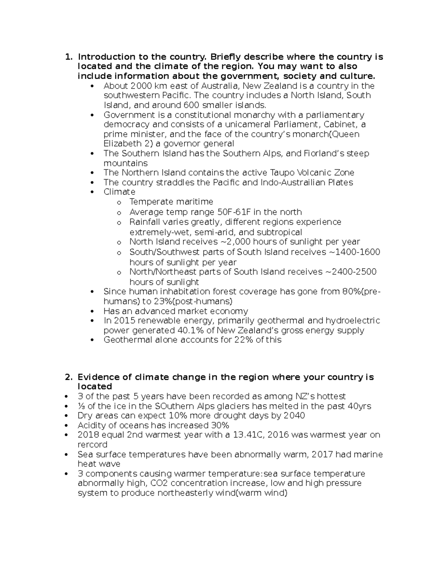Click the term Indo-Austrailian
point(293,183)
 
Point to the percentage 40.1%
point(190,331)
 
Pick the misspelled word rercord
point(92,445)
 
